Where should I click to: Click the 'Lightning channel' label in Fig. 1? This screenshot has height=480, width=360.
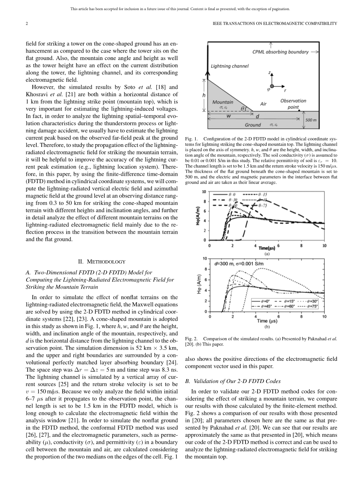pos(229,66)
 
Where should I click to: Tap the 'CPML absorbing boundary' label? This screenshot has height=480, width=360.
pos(280,52)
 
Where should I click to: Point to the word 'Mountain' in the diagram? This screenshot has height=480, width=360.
pos(223,102)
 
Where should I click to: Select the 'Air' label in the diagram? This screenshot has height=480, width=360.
pos(263,104)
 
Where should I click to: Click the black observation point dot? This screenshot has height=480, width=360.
pos(299,111)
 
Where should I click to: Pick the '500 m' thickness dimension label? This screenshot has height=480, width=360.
pos(311,120)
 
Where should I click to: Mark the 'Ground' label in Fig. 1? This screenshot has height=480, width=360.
pos(252,125)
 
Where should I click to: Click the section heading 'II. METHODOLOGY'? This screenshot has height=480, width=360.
pos(100,261)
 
